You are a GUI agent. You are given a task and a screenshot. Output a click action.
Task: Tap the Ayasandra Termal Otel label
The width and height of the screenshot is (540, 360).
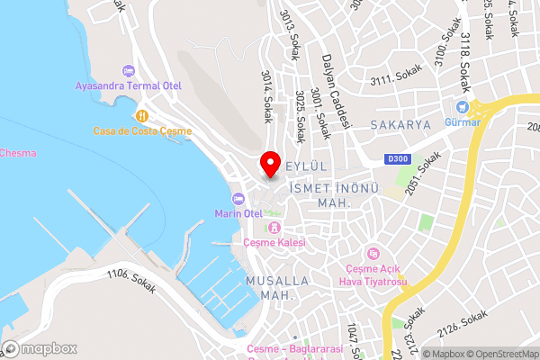click(128, 87)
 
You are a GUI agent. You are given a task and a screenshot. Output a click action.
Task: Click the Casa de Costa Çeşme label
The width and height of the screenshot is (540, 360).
click(142, 131)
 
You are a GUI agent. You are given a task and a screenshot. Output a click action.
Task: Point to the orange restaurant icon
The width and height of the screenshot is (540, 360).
click(142, 115)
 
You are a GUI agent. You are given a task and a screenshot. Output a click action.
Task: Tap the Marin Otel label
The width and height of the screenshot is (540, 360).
click(238, 213)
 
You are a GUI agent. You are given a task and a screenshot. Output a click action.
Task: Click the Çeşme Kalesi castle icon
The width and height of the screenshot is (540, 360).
click(274, 227)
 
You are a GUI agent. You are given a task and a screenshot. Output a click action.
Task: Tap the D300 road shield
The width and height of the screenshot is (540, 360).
click(399, 159)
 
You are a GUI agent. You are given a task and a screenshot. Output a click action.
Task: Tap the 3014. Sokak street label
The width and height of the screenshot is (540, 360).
click(266, 97)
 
